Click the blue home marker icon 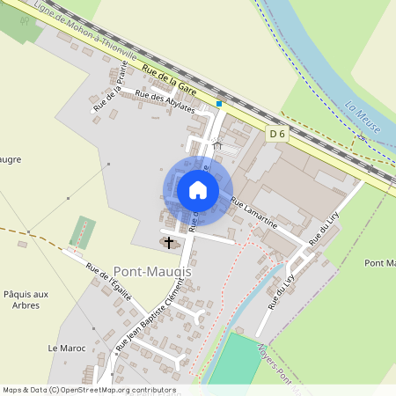(x=197, y=190)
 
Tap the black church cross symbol (x=169, y=241)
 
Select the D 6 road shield (x=278, y=134)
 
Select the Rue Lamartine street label (x=254, y=214)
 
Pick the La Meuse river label (x=363, y=117)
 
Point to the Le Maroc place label (x=67, y=348)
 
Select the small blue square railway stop (x=219, y=103)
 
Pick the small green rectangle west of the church (x=83, y=231)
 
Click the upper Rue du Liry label (x=324, y=228)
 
